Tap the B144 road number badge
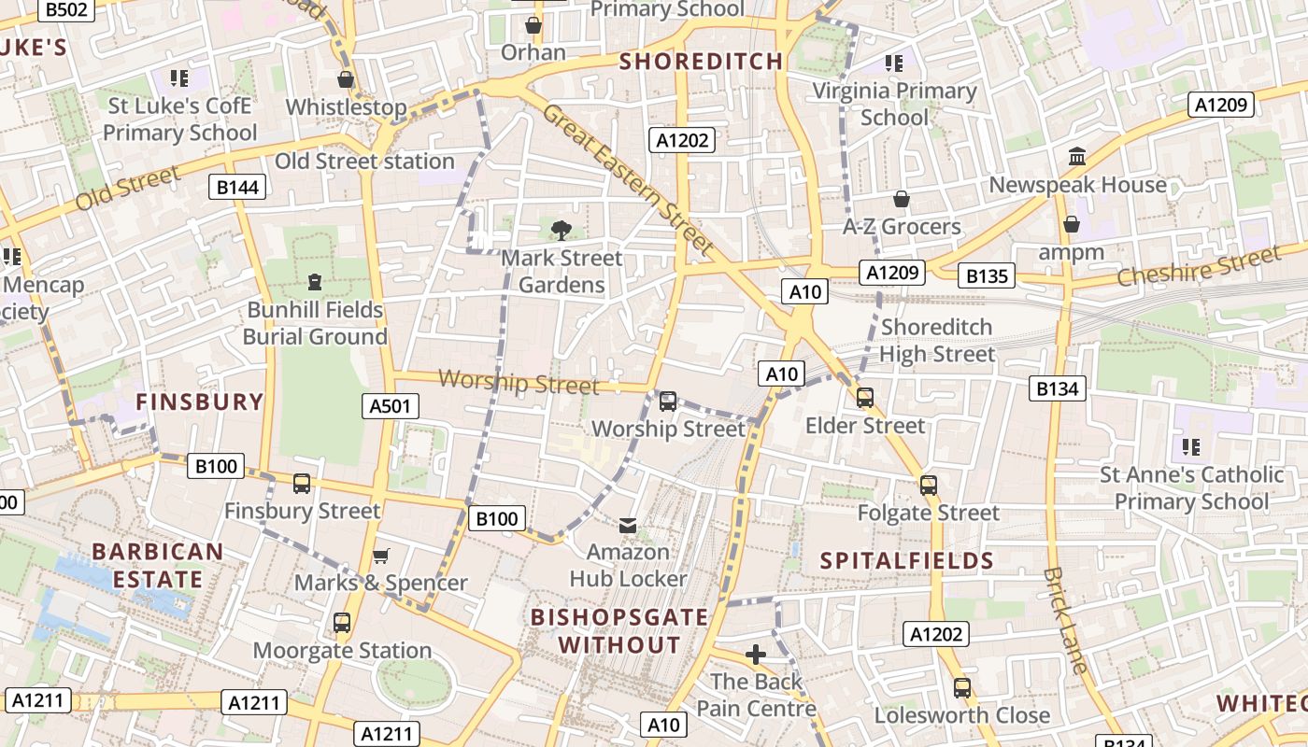pos(237,188)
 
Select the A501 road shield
pos(391,406)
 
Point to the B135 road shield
pos(986,276)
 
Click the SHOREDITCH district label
pos(702,62)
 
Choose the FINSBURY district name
pos(200,402)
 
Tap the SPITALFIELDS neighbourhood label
pos(906,561)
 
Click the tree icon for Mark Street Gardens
pos(562,230)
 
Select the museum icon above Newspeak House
pos(1077,157)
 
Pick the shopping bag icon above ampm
pos(1072,224)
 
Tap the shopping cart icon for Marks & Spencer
pos(380,557)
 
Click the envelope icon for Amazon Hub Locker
pos(628,526)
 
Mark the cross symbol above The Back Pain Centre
pos(756,655)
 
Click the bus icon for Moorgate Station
pos(342,623)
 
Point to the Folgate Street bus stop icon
pos(928,486)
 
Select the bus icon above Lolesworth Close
pos(962,688)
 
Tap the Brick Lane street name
pos(1066,620)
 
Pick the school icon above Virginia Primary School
pos(894,63)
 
